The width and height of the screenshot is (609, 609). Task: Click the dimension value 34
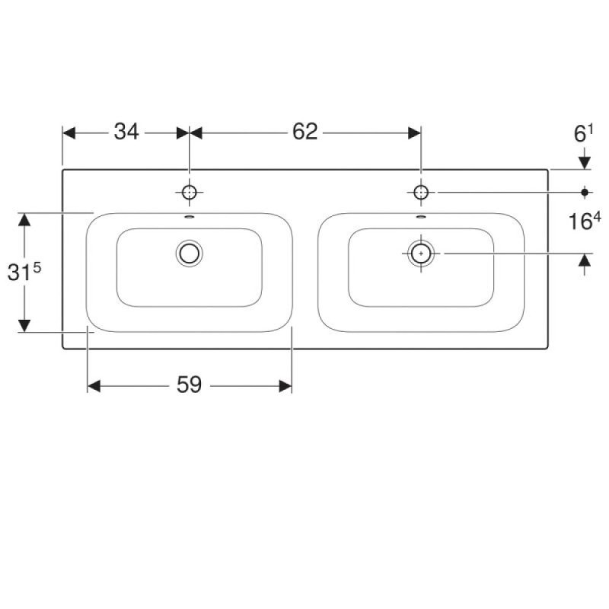(126, 132)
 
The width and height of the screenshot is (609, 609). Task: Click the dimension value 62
(305, 132)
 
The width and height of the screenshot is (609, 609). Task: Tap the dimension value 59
(189, 385)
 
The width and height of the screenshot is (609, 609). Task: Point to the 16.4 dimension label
(585, 221)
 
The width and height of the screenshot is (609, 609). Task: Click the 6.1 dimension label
(584, 134)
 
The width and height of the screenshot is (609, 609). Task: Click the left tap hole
(189, 193)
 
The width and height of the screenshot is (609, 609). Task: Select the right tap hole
(421, 193)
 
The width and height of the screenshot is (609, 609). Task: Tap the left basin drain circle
(189, 253)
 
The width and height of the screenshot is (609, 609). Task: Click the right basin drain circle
(421, 253)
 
